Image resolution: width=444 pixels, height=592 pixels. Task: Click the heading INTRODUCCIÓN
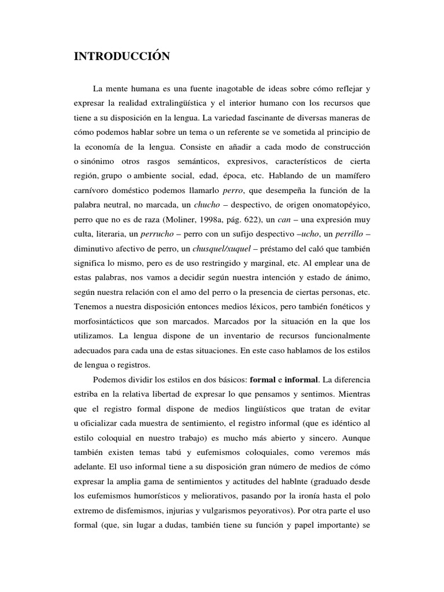pos(121,57)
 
